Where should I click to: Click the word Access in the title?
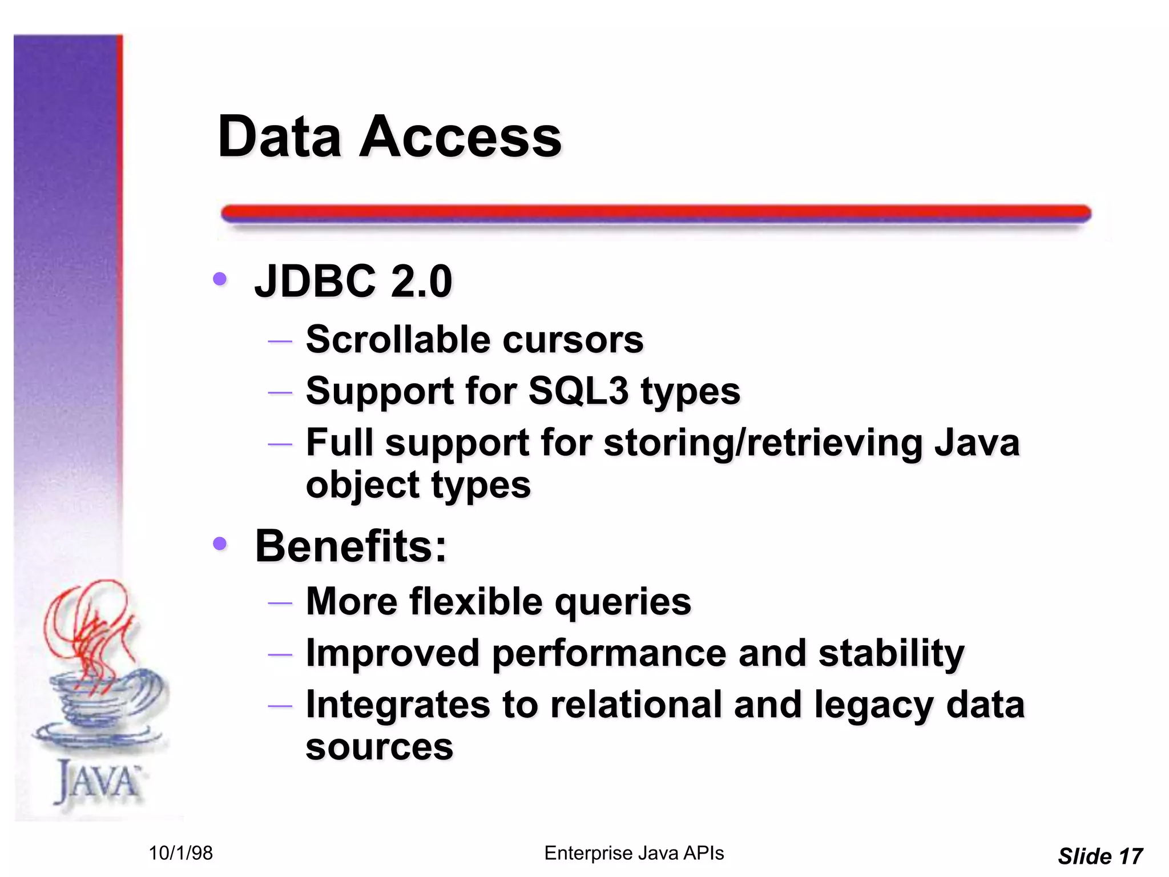[460, 137]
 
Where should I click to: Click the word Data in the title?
[279, 137]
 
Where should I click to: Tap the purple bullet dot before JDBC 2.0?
[220, 279]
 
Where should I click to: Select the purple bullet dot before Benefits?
[220, 544]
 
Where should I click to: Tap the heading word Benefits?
[350, 546]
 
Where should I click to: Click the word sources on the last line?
[379, 747]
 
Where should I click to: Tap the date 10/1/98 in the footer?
[180, 853]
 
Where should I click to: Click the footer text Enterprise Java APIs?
[634, 853]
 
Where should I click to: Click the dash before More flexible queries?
[280, 603]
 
